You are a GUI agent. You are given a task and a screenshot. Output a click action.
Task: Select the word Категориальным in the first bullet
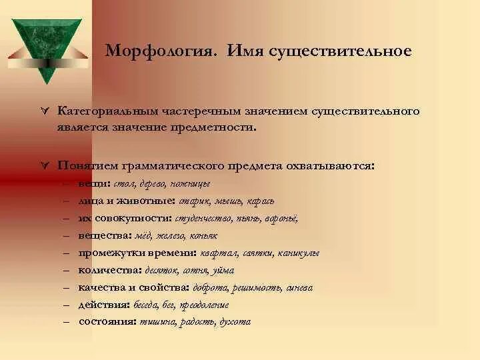coord(110,109)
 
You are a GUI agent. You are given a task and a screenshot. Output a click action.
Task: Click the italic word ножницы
coord(191,183)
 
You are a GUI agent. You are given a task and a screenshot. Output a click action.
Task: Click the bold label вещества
coord(101,235)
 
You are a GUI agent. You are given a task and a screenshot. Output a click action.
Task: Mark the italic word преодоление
coord(207,305)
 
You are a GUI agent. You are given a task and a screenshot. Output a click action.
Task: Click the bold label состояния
coord(107,321)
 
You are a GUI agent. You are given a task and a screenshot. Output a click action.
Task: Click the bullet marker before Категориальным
coord(45,109)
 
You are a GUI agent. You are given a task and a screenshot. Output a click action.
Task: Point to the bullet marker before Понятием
coord(45,164)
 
